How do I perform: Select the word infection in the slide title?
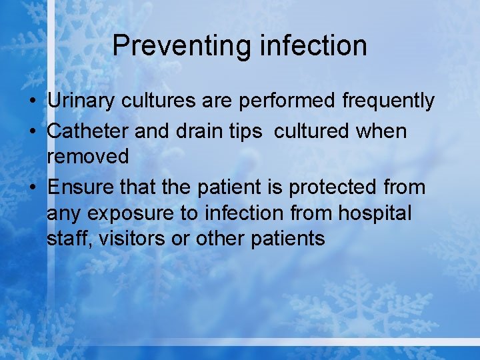click(313, 46)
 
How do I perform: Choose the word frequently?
click(388, 101)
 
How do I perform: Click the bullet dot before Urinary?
click(32, 102)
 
